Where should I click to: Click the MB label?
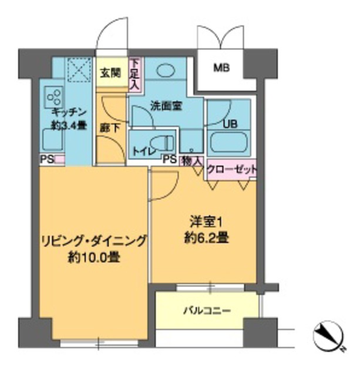click(x=220, y=68)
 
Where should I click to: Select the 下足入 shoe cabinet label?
click(x=135, y=74)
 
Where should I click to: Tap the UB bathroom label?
click(x=230, y=125)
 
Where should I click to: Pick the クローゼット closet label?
click(x=233, y=169)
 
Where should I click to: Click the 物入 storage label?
click(x=192, y=160)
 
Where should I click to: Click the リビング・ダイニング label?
click(x=93, y=241)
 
